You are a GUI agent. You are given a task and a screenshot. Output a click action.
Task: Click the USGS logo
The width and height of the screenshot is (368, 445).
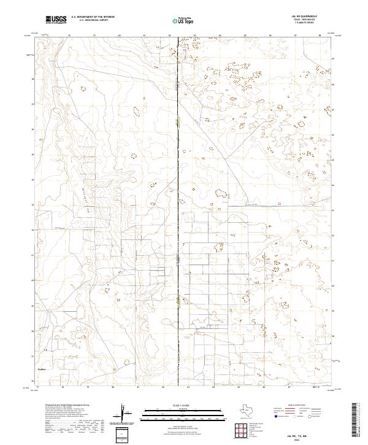(56, 20)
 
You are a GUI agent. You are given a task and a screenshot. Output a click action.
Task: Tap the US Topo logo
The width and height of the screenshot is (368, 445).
(184, 20)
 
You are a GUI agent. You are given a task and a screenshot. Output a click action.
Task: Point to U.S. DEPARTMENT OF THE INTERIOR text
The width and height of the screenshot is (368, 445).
(92, 17)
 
